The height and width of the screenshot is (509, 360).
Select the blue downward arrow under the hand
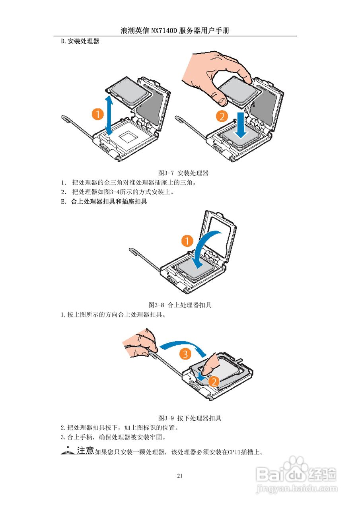click(241, 125)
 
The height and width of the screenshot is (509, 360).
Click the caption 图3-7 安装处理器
click(183, 173)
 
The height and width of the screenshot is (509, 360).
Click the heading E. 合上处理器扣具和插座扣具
click(104, 202)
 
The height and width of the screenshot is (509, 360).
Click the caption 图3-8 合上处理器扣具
click(180, 305)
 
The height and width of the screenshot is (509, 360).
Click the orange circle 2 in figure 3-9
click(214, 382)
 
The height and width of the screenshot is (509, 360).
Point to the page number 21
click(180, 476)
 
